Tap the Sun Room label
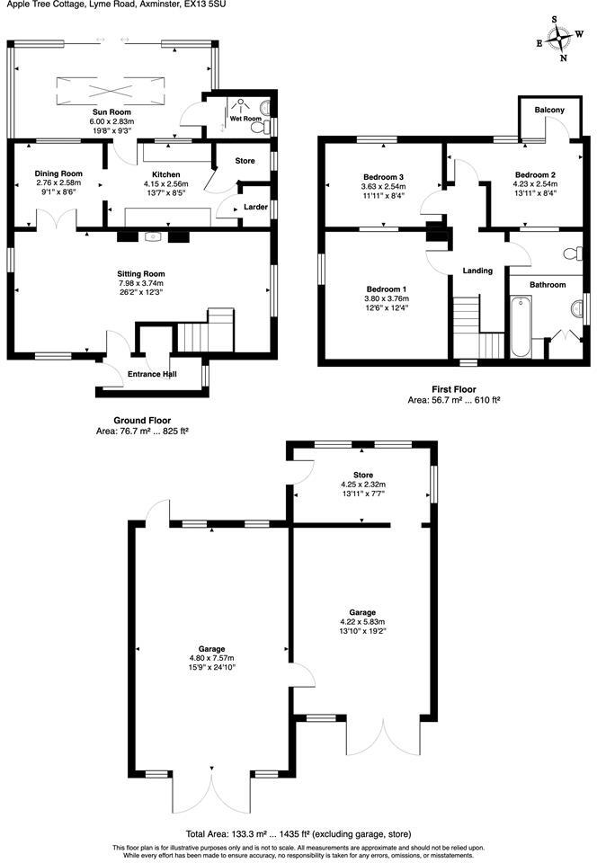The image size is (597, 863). coord(112,111)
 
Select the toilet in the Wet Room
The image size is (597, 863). coord(260,127)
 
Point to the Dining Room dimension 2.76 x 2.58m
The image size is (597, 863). coord(58,182)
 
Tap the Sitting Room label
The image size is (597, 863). coord(141,273)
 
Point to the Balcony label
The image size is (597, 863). coord(549,110)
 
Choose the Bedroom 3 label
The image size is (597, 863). coord(384,176)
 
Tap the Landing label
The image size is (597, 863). coord(477,270)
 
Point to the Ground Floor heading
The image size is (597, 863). coord(142,420)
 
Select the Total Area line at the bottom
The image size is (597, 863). coord(298,833)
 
